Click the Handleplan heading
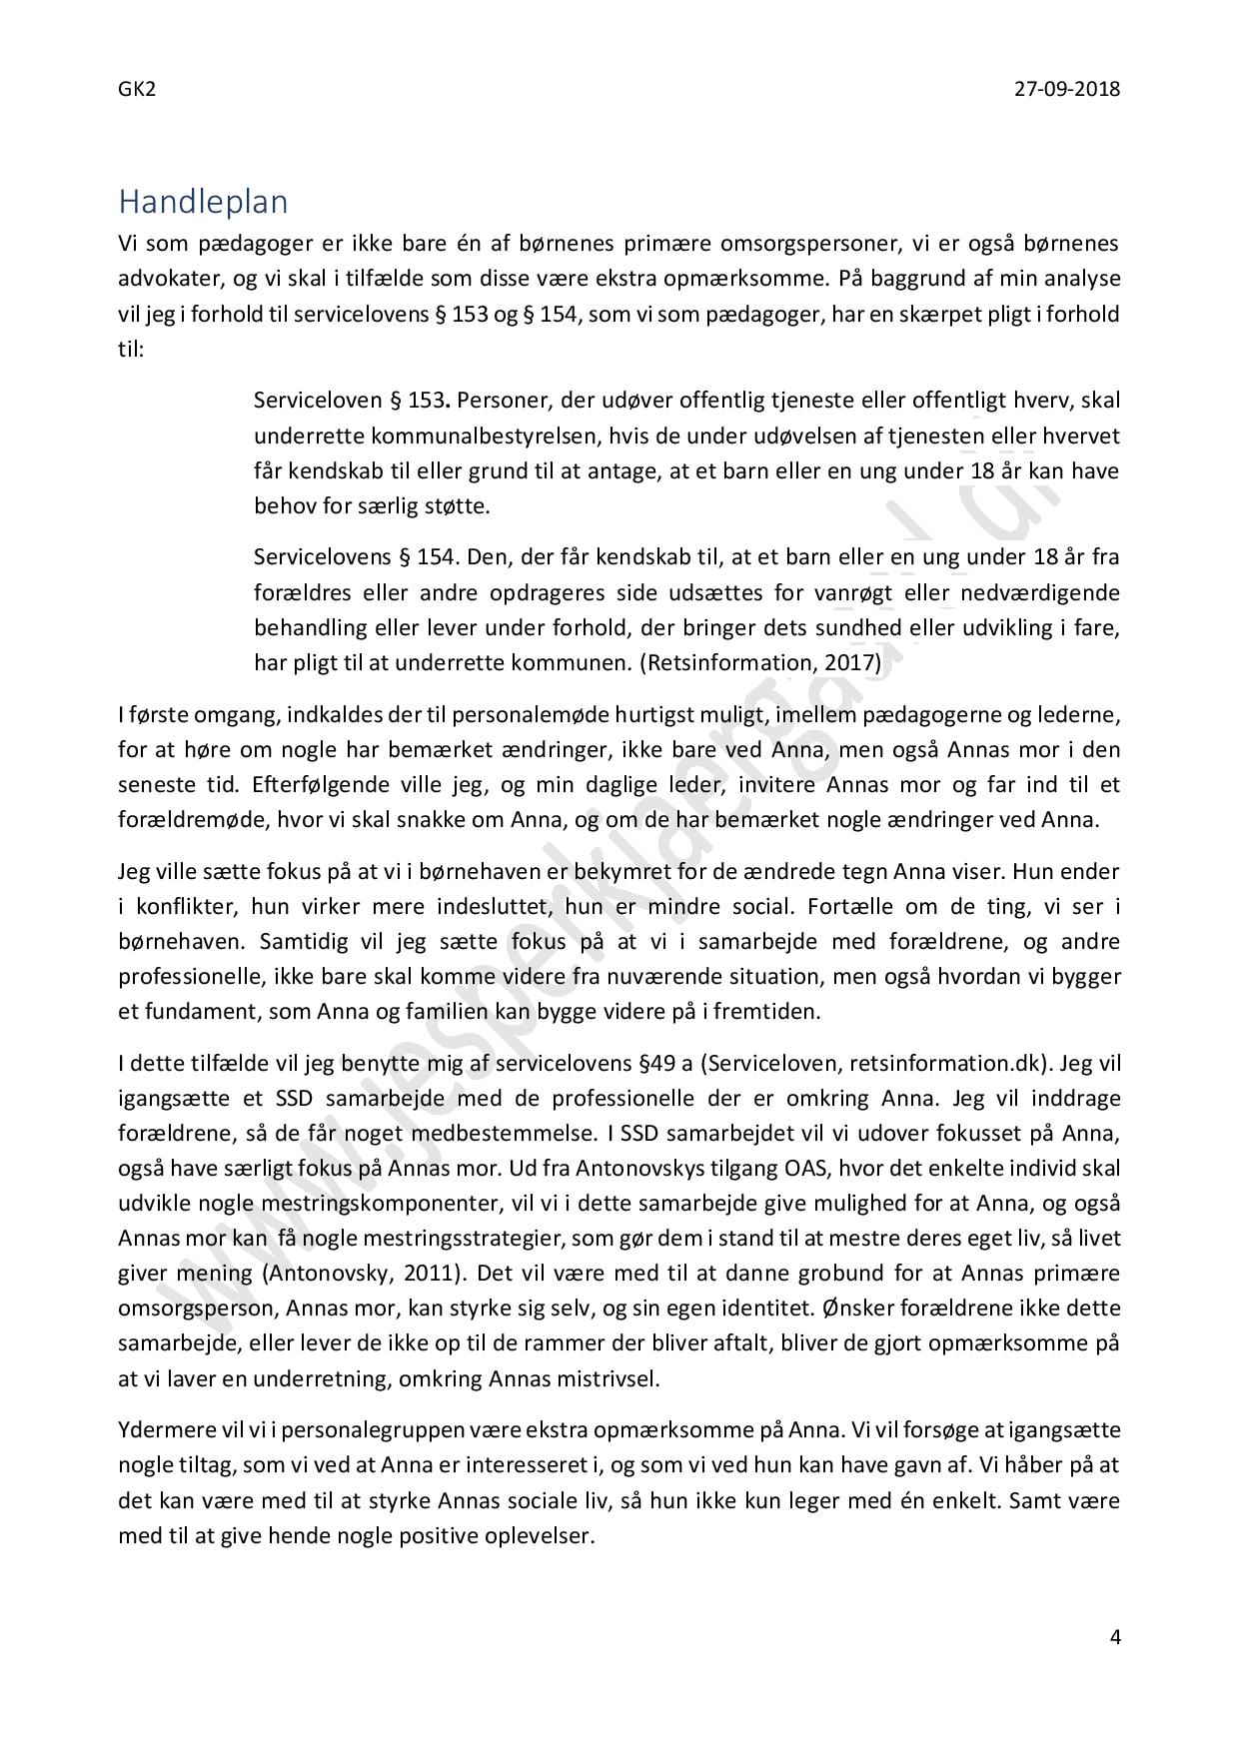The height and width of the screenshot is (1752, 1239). coord(203,202)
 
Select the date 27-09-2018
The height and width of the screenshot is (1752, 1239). coord(1067,89)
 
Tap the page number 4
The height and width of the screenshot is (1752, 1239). coord(1115,1636)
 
